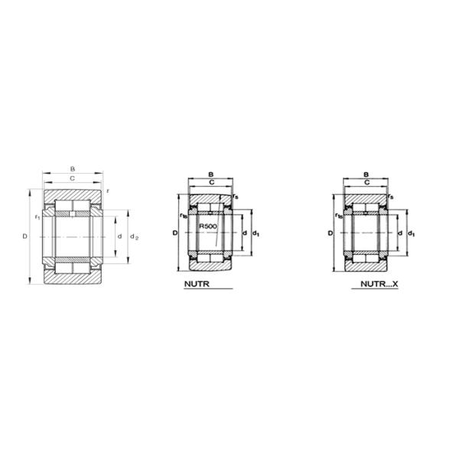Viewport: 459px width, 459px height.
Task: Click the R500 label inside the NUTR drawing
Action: tap(208, 227)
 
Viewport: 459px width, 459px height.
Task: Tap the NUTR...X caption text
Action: tap(380, 284)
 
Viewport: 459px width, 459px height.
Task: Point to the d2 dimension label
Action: tap(135, 236)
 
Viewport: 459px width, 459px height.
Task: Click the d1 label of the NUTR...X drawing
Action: tap(412, 233)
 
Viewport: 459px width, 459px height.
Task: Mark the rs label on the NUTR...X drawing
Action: tap(390, 197)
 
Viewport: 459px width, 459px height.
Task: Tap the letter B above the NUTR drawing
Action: tap(210, 176)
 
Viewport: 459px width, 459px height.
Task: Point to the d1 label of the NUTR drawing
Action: tap(256, 233)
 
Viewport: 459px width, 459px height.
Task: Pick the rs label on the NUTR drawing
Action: tap(235, 197)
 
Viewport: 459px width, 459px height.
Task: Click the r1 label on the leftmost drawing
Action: tap(37, 218)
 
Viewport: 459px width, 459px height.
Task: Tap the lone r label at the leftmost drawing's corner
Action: tap(108, 190)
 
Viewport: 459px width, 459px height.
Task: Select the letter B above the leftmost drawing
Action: tap(73, 168)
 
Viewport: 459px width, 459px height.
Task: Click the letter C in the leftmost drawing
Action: tap(73, 178)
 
